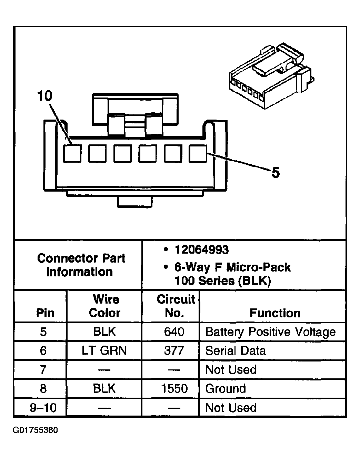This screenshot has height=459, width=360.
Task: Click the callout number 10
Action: (44, 96)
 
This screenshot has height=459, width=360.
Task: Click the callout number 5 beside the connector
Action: (276, 172)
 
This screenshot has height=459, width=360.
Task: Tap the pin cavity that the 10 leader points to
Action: (72, 153)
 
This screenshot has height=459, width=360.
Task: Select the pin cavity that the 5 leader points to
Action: (198, 153)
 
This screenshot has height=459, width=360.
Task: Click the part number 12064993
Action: (201, 249)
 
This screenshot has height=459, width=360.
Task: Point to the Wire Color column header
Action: (105, 306)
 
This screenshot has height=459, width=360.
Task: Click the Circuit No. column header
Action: (176, 306)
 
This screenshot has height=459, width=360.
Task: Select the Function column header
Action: (275, 313)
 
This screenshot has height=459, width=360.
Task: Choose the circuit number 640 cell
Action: (174, 332)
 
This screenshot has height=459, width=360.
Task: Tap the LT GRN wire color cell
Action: (104, 351)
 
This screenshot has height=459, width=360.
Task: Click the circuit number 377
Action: (174, 351)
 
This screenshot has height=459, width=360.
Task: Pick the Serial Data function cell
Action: (236, 351)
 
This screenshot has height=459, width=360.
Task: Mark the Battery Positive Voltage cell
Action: (270, 332)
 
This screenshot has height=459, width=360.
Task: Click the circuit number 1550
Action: (174, 389)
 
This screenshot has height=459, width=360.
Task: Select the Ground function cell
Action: (226, 389)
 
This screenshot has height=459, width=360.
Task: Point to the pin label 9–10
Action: (43, 408)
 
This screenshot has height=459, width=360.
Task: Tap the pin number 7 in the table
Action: (43, 370)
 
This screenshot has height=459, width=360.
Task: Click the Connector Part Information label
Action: (81, 265)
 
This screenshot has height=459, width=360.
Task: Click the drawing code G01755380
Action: (36, 430)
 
